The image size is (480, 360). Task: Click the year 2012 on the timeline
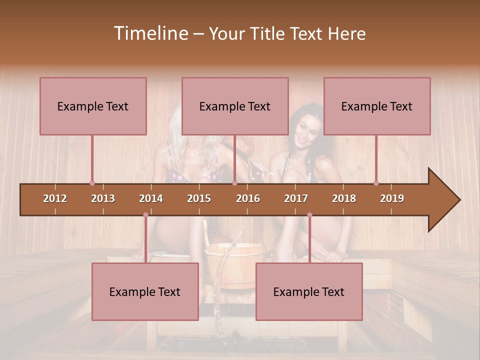55,198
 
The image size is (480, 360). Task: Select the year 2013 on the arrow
103,198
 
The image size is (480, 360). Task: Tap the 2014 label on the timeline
151,198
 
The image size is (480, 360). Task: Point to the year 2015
199,198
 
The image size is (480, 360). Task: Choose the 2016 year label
248,198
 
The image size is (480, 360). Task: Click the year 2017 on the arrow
296,198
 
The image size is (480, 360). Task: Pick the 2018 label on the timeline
344,198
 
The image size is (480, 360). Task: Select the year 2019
392,198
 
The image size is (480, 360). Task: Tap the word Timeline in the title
150,33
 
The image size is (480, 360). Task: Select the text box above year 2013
93,106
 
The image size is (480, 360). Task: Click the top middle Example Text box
235,106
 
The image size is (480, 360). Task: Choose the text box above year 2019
377,106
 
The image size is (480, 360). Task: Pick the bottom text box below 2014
145,291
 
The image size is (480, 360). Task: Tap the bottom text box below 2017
309,291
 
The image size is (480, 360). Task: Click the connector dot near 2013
92,183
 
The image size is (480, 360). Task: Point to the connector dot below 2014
145,215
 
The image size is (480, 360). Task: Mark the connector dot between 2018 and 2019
376,183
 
